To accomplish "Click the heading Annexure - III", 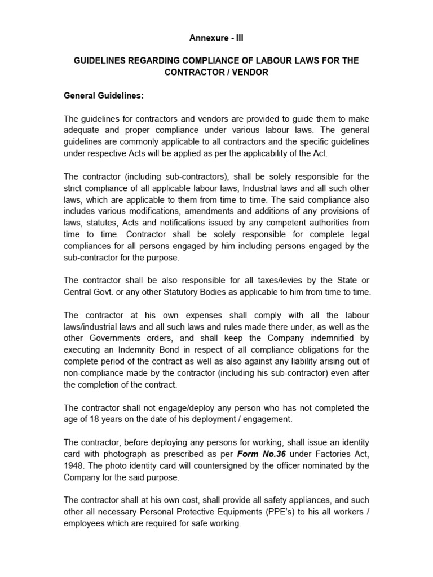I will coord(216,38).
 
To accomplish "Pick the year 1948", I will coord(74,466).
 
